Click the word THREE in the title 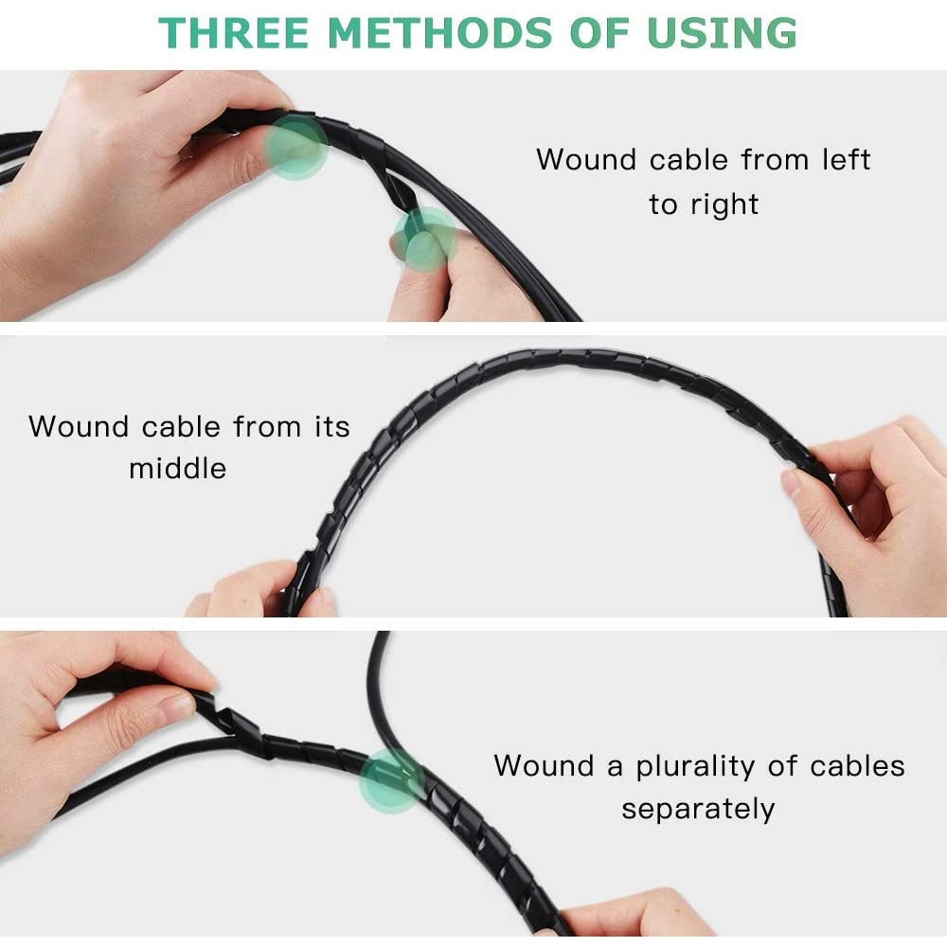coord(234,32)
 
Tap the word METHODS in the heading coord(439,32)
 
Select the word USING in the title coord(722,32)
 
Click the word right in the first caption coord(724,205)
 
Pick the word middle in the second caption coord(178,468)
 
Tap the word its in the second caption coord(331,426)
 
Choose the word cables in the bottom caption coord(857,766)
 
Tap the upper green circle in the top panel coord(295,148)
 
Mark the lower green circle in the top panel coord(426,240)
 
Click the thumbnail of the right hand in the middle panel coord(791,483)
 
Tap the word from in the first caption coord(775,160)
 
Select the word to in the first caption coord(663,205)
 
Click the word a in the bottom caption coord(615,768)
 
